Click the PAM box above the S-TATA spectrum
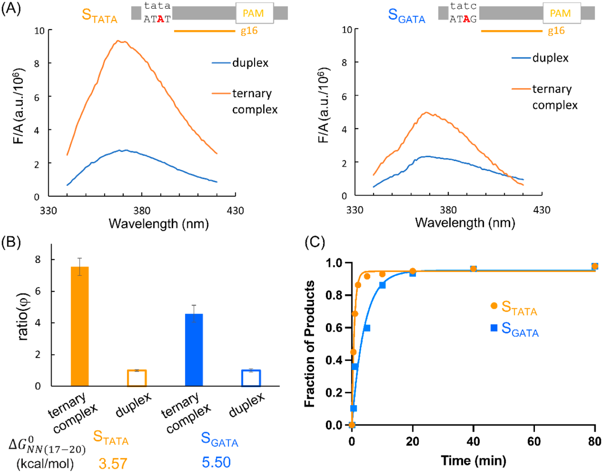(254, 13)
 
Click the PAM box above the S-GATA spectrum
(562, 13)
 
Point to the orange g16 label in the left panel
(249, 31)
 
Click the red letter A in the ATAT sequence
(160, 19)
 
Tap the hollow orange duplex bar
(137, 378)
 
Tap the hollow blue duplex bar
(251, 378)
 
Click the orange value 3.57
(113, 463)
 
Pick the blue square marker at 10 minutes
(382, 285)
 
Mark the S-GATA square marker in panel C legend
(494, 328)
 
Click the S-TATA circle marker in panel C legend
(494, 306)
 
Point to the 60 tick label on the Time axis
(534, 442)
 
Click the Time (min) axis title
(474, 461)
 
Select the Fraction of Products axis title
(310, 344)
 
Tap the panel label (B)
(11, 242)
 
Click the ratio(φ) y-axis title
(23, 317)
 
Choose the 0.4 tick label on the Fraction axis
(334, 360)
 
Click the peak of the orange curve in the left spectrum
(118, 41)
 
